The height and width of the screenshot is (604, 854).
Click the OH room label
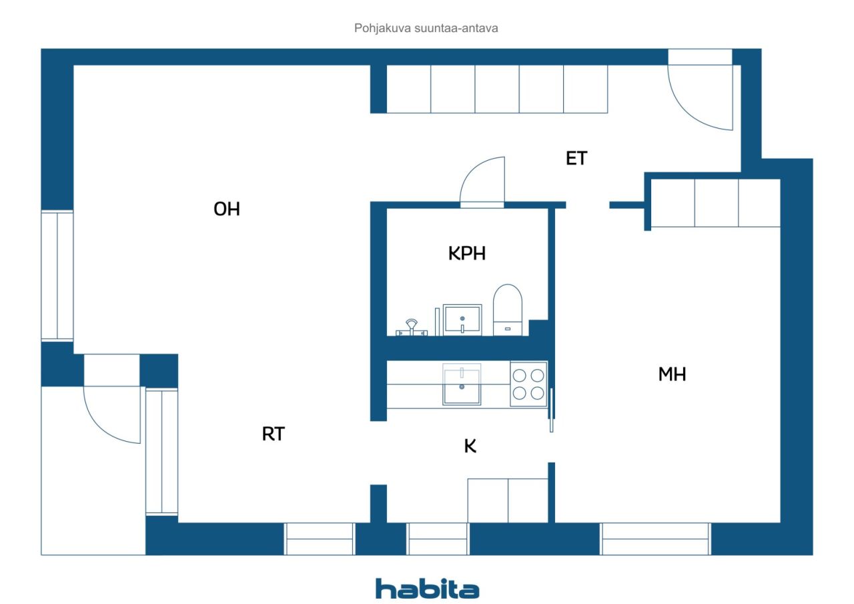[x=226, y=210]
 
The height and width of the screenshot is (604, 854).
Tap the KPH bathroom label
[x=466, y=254]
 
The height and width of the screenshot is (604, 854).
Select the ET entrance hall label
[x=576, y=159]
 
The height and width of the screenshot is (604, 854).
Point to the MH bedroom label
[x=672, y=374]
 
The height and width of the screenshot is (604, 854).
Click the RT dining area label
[x=273, y=434]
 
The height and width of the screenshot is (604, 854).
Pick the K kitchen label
[x=470, y=447]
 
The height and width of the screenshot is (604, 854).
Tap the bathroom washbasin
[x=462, y=319]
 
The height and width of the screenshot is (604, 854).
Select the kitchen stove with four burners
[x=528, y=384]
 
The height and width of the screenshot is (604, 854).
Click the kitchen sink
[x=462, y=385]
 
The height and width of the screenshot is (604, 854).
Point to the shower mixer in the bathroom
[x=410, y=327]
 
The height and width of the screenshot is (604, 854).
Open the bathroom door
[x=482, y=182]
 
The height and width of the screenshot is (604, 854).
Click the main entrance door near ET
[x=701, y=93]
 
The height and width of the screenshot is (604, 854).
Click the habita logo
[x=426, y=589]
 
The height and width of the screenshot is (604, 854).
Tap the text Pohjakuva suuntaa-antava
[x=426, y=29]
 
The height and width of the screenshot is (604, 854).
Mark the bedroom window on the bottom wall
[x=655, y=539]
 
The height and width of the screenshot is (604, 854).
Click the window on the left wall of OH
[x=57, y=276]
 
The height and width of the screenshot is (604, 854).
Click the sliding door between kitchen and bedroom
[x=551, y=410]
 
